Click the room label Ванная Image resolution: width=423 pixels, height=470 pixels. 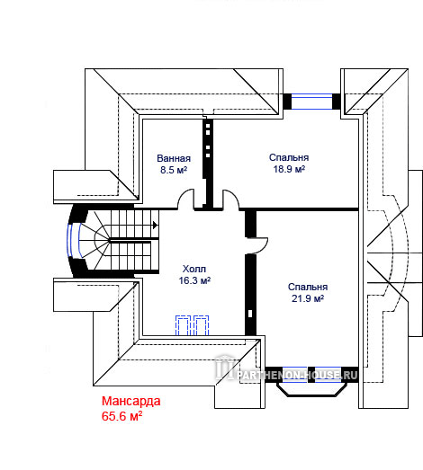pos(174,158)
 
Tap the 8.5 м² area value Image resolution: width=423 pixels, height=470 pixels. pos(174,170)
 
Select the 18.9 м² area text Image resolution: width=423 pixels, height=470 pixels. pos(289,169)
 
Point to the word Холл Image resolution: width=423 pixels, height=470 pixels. pos(194,269)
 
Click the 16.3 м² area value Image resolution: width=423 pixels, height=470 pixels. pos(194,280)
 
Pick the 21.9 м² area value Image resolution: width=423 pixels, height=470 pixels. pos(308,298)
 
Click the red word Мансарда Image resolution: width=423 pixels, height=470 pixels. pos(130,401)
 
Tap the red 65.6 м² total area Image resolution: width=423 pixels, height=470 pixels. pos(121,416)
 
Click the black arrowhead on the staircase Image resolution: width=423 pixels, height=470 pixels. pos(155,225)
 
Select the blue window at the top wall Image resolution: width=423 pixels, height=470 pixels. pos(311,102)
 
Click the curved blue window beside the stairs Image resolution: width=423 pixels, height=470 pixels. pos(74,241)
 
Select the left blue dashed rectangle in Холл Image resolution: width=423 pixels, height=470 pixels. pos(183,325)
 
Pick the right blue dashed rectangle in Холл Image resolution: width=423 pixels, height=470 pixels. pos(201,325)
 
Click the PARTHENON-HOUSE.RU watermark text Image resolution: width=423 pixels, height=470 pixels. pos(297,375)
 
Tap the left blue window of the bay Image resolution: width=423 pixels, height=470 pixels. pos(295,375)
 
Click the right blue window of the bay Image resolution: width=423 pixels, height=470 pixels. pos(328,375)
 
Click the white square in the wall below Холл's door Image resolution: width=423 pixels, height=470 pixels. pos(250,314)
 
